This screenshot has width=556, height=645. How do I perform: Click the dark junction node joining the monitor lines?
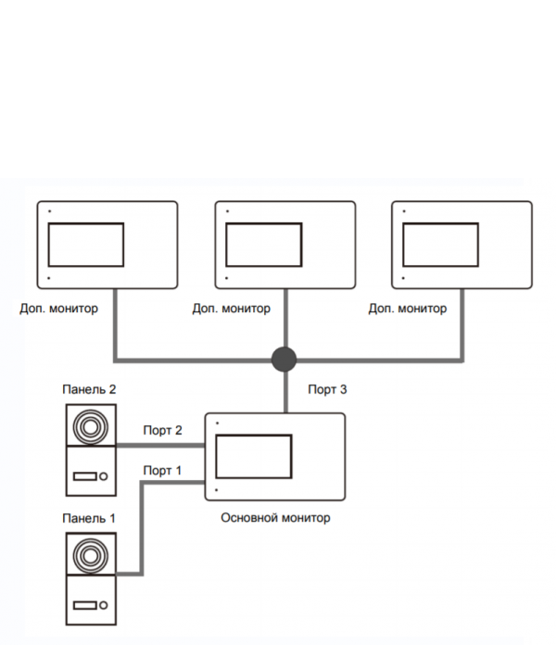pos(283,358)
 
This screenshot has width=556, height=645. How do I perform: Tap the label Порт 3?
pos(327,390)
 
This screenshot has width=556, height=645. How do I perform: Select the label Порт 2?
pos(162,430)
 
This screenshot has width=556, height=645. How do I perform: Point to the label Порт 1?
pos(162,471)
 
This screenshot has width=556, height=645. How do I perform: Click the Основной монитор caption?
pos(275,518)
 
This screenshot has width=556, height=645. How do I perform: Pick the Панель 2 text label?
pos(89,389)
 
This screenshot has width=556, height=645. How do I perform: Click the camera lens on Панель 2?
pos(89,428)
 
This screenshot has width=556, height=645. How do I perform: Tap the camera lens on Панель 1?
pos(89,557)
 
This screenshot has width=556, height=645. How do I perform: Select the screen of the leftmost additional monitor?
pos(86,245)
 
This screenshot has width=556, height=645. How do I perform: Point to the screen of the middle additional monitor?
pos(264,245)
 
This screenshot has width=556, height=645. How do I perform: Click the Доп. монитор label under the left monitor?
pos(57,308)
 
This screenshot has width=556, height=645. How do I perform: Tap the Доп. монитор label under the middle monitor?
pos(232,309)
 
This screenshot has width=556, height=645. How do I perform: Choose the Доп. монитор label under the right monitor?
pos(407,309)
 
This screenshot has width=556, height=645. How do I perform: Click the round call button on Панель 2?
pos(104,477)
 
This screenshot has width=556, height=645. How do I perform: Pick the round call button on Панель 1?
pos(104,606)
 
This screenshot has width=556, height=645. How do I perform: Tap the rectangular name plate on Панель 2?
pos(84,477)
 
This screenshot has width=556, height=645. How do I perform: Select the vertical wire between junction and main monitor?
pos(283,391)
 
